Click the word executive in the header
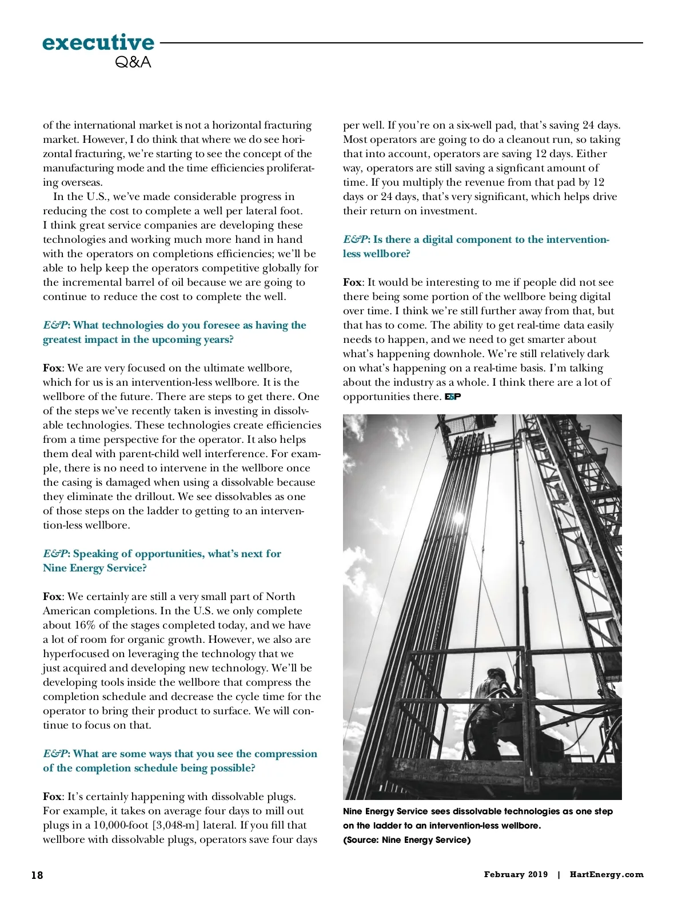click(98, 42)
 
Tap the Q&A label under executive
click(133, 62)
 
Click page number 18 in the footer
click(37, 875)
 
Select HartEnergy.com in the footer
click(607, 874)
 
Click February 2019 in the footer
click(516, 874)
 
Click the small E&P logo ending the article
click(453, 397)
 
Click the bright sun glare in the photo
click(458, 518)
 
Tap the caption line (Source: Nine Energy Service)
click(406, 840)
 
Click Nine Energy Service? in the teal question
click(94, 568)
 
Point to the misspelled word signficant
click(518, 168)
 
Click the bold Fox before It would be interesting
click(352, 282)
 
